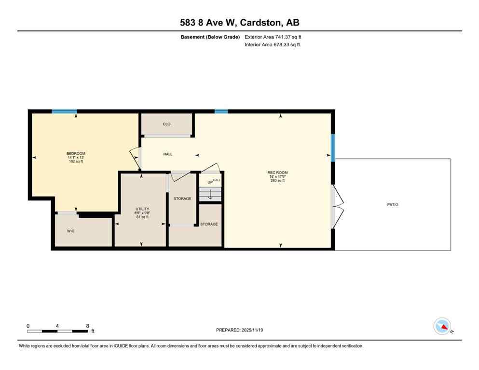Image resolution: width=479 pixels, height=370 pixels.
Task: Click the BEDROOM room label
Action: (76, 154)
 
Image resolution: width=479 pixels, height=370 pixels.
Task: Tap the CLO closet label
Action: (166, 124)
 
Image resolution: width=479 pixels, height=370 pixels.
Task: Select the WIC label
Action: (71, 231)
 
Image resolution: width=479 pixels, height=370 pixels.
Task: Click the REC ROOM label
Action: (281, 172)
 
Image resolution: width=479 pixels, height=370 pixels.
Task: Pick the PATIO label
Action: (393, 205)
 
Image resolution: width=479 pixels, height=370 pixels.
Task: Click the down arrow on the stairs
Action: (210, 194)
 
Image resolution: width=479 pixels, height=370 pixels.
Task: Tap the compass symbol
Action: (442, 326)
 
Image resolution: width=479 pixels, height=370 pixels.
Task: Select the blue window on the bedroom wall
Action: (64, 112)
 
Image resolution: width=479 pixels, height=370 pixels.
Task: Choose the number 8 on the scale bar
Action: (87, 326)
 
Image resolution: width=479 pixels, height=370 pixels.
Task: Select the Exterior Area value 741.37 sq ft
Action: (288, 37)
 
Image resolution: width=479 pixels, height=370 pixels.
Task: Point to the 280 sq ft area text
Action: (281, 181)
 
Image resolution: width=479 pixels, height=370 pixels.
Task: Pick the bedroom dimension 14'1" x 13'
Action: (76, 158)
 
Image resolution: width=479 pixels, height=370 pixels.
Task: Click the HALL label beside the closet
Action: (168, 154)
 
